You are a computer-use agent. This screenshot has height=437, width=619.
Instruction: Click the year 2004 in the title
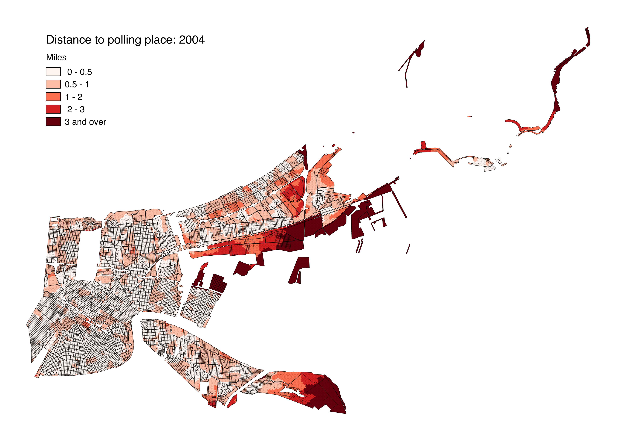(x=192, y=40)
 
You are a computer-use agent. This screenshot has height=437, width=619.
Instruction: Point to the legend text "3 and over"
(x=85, y=122)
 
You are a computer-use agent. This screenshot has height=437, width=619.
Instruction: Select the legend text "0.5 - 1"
(x=77, y=85)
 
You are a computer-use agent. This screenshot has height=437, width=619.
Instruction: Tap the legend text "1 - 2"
(x=74, y=97)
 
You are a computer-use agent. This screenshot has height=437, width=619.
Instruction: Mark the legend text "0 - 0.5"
(x=80, y=72)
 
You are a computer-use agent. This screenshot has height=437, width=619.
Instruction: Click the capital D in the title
(x=50, y=40)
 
